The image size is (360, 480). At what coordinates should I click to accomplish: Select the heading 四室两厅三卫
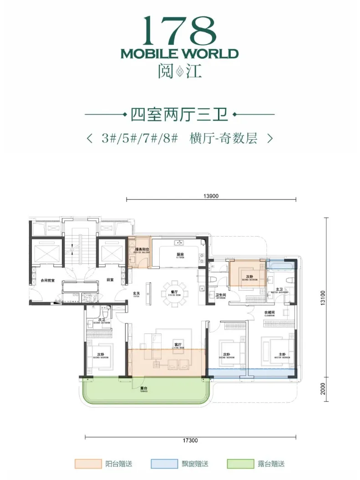(179, 113)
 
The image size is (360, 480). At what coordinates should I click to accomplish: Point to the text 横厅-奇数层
(223, 138)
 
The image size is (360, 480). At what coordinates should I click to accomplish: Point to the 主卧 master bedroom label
(282, 354)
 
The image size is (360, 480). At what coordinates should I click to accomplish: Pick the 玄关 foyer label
(136, 294)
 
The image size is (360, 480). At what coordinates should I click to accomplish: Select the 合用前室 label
(47, 281)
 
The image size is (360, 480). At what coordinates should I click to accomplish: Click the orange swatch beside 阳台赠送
(88, 464)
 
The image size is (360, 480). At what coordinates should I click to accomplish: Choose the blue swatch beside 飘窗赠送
(164, 464)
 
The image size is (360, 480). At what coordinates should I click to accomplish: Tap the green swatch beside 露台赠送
(240, 464)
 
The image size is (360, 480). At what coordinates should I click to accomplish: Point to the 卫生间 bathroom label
(221, 295)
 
